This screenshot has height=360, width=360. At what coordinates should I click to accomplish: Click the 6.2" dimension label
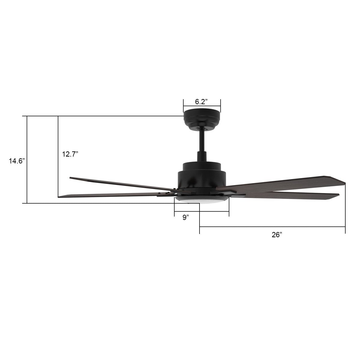[x=202, y=102]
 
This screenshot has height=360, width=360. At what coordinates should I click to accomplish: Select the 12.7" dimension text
[x=70, y=154]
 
